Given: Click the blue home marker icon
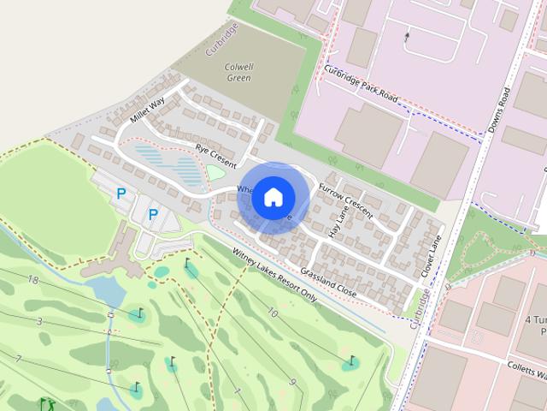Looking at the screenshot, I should coord(273,197).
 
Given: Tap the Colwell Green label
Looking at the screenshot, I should coord(239,71).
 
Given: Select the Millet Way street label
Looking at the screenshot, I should coord(147,110).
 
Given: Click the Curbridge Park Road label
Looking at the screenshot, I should coord(362,86).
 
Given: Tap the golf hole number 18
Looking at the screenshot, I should coord(33,280).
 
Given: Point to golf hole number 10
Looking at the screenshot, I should coord(273,313).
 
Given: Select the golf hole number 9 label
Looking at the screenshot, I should coord(292,381).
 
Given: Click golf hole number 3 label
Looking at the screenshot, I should coord(39,321).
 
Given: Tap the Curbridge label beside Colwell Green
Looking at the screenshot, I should coord(221,39).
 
